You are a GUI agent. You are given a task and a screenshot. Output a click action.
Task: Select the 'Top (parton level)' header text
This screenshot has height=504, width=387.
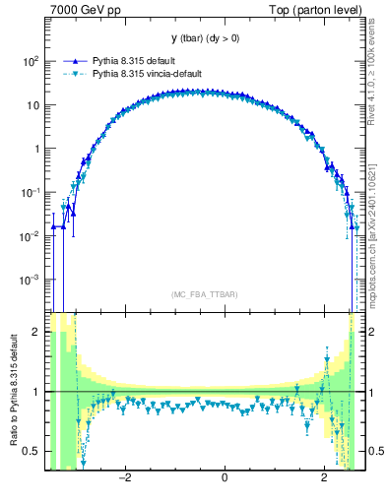315,10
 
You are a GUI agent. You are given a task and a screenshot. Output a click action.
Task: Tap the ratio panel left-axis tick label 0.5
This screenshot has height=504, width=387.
31,451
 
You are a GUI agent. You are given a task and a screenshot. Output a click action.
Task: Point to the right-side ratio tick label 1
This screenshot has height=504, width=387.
368,392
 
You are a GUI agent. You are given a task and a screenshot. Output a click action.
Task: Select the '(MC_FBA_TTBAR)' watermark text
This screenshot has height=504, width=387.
204,294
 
